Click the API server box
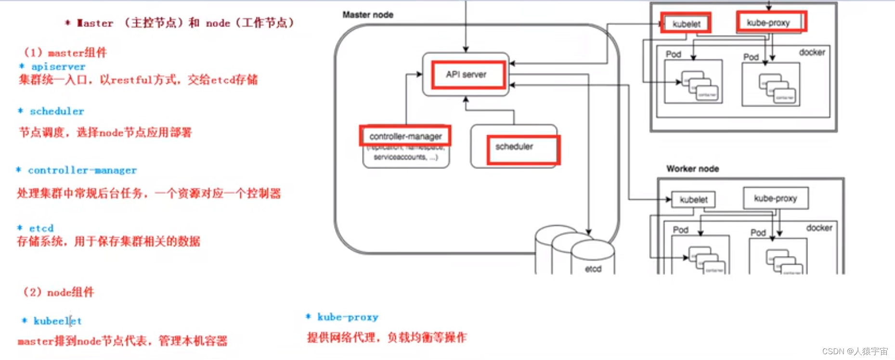click(x=466, y=75)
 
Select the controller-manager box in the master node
click(x=405, y=136)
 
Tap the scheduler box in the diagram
click(x=514, y=147)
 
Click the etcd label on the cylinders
click(x=593, y=269)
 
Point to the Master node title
click(x=368, y=15)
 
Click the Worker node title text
click(x=692, y=169)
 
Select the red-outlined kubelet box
click(x=686, y=24)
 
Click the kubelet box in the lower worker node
click(x=693, y=199)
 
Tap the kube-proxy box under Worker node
click(x=775, y=198)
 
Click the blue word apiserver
click(x=58, y=67)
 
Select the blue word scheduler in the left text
click(x=57, y=112)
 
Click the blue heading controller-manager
click(x=82, y=170)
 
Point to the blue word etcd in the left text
click(x=41, y=228)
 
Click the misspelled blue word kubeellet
click(x=57, y=321)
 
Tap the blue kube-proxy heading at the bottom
click(x=348, y=317)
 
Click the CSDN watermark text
click(x=855, y=351)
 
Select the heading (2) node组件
click(x=59, y=292)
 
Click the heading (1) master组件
click(x=65, y=52)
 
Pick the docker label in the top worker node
click(x=812, y=52)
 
